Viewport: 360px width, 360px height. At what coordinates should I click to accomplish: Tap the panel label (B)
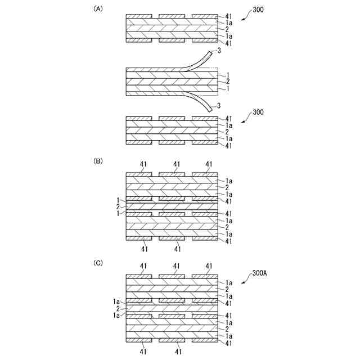pyautogui.click(x=98, y=160)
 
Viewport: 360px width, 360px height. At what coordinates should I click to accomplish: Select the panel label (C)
pyautogui.click(x=98, y=262)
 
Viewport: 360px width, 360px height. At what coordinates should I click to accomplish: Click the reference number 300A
pyautogui.click(x=260, y=273)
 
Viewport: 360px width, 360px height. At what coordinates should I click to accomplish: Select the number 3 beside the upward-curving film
pyautogui.click(x=218, y=51)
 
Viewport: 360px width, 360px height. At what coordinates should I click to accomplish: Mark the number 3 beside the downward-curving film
pyautogui.click(x=218, y=106)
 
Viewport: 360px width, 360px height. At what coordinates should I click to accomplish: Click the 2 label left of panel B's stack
pyautogui.click(x=118, y=207)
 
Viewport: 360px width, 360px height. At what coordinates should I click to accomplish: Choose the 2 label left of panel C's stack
pyautogui.click(x=118, y=309)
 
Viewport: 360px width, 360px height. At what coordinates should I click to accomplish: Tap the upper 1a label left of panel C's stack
pyautogui.click(x=116, y=301)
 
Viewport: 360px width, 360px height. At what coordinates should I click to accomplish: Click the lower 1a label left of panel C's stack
pyautogui.click(x=116, y=316)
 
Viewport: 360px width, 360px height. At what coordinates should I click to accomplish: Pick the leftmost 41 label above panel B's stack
pyautogui.click(x=143, y=164)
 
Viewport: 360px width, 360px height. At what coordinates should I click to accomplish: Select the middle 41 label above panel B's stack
pyautogui.click(x=177, y=164)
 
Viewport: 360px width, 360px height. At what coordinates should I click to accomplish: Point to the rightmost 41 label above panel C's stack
pyautogui.click(x=209, y=266)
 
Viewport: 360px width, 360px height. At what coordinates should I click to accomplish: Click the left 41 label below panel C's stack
pyautogui.click(x=143, y=351)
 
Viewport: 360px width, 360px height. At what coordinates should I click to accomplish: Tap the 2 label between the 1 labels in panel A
pyautogui.click(x=227, y=82)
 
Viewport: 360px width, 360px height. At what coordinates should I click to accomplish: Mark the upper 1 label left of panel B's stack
pyautogui.click(x=118, y=200)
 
